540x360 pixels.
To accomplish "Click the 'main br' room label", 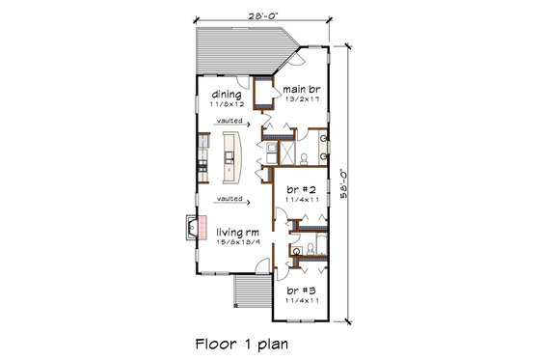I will (302, 87).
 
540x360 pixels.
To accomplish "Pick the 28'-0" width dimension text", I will (263, 15).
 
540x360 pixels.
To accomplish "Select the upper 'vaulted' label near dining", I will (229, 122).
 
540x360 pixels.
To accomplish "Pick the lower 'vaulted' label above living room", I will (229, 200).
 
